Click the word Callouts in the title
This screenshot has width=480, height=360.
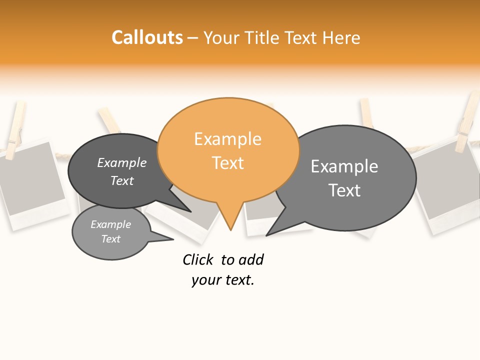pos(147,37)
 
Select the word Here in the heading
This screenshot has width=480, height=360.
pos(341,38)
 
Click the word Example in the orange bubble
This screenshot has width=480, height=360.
pos(227,139)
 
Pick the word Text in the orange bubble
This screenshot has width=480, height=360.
pos(228,163)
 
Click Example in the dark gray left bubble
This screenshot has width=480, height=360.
pos(122,163)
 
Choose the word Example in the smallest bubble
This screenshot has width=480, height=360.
pos(111,224)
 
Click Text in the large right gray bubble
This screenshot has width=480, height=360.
pos(344,190)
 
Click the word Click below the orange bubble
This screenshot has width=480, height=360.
pos(198,260)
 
